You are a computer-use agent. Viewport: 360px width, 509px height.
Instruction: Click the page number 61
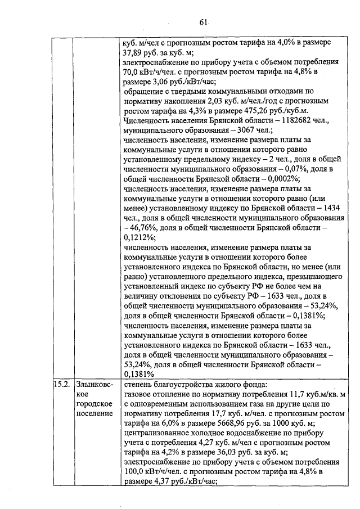203,22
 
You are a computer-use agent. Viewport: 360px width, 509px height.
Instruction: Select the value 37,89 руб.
143,52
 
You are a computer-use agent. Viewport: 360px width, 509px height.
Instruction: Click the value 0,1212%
136,237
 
